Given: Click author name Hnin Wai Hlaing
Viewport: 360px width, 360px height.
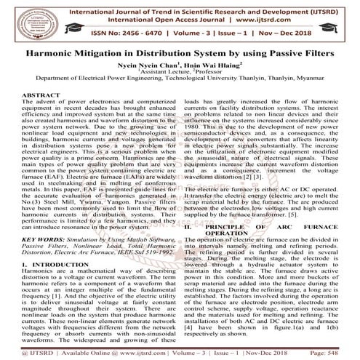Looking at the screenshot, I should point(206,66).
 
